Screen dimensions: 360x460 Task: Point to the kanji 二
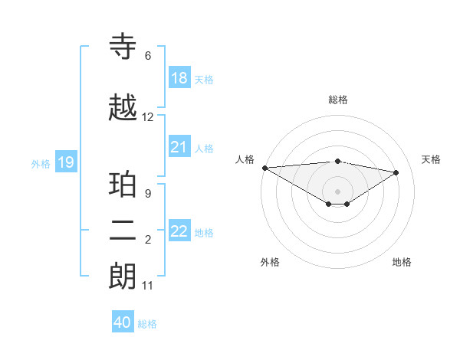123,231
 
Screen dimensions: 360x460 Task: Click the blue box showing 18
179,78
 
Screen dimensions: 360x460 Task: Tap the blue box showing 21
179,147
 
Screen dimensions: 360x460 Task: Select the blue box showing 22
179,231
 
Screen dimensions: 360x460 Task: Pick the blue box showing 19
66,162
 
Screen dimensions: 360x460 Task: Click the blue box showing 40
123,322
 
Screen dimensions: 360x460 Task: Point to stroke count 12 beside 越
148,117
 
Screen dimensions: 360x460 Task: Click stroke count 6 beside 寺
148,56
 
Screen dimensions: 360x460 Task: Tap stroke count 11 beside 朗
148,286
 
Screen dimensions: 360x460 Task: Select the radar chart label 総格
337,100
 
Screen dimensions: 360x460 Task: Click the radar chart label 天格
432,159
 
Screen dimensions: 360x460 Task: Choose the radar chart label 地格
402,262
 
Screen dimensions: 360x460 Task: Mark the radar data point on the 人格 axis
264,168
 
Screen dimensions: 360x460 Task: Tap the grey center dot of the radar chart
337,191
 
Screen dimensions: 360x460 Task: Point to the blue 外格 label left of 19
41,163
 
